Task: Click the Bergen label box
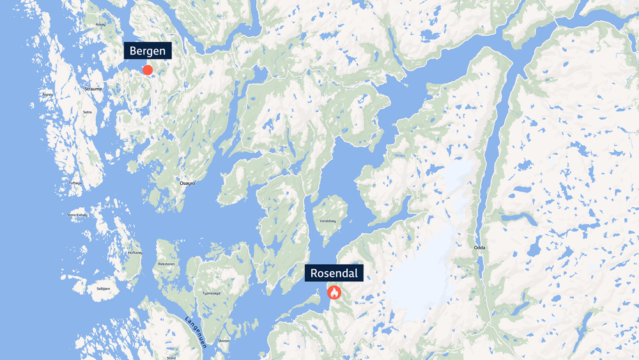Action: coord(148,51)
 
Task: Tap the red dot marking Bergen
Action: coord(148,70)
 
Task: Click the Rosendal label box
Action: coord(334,273)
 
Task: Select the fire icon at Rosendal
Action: coord(334,293)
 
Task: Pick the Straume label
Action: coord(93,89)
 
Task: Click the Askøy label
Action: coord(100,24)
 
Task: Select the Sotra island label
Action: coord(88,112)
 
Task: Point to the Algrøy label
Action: coord(48,94)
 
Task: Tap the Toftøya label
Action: coord(75,183)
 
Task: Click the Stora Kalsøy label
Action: coord(77,215)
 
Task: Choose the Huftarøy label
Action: coord(135,253)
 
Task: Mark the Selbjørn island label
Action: coord(102,289)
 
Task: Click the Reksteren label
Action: coord(166,263)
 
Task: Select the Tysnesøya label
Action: coord(212,293)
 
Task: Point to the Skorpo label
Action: coord(224,341)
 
